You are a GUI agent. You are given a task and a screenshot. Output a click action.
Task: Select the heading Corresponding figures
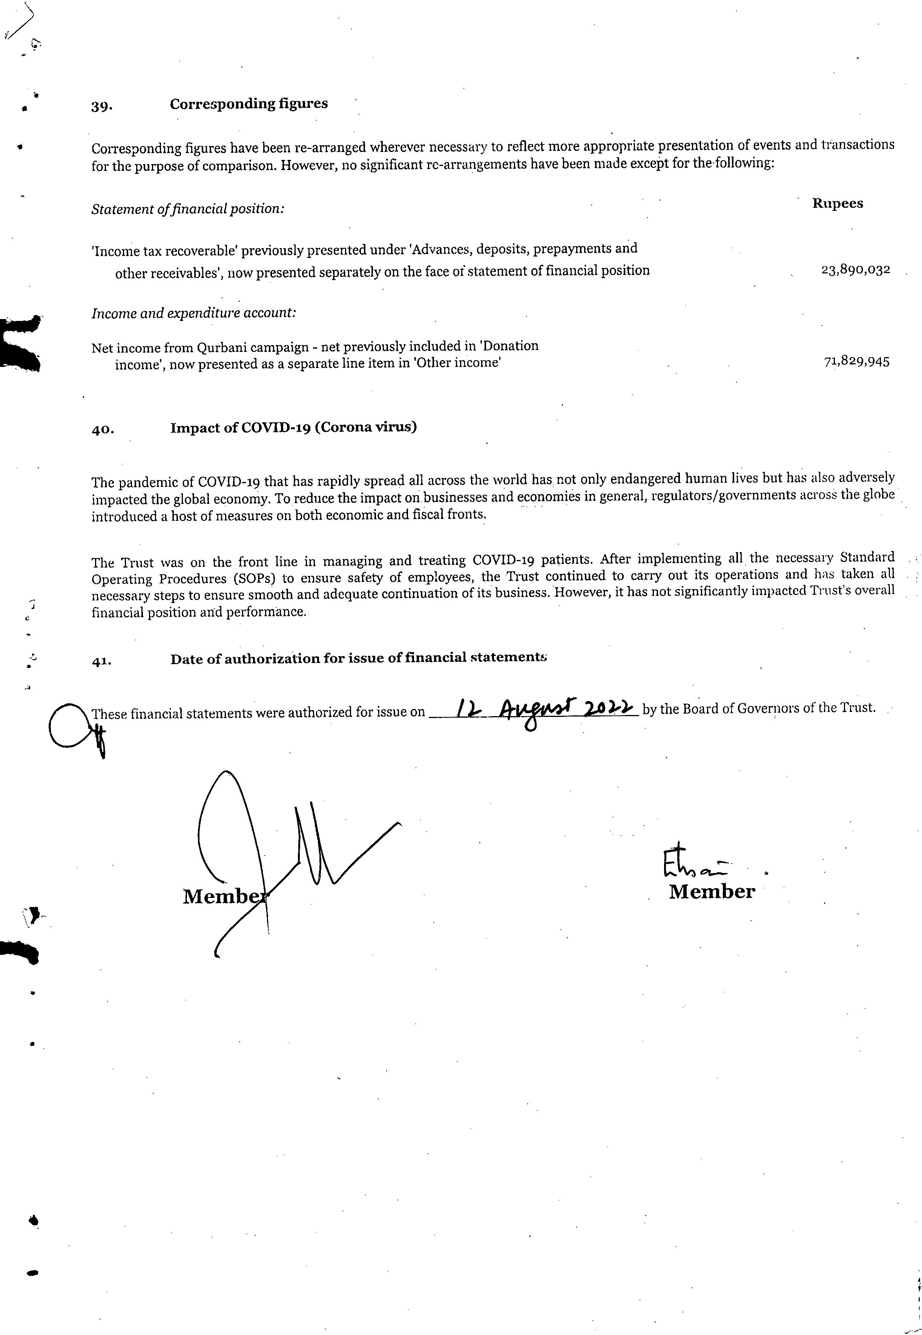pyautogui.click(x=249, y=104)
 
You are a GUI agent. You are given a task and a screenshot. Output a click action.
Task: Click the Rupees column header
pyautogui.click(x=837, y=203)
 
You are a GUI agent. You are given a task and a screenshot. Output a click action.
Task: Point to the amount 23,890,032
pyautogui.click(x=855, y=270)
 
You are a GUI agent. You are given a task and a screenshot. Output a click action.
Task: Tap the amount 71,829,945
pyautogui.click(x=856, y=362)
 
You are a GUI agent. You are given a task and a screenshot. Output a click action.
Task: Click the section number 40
pyautogui.click(x=102, y=430)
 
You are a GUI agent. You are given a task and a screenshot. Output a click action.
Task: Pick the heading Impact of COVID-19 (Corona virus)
pyautogui.click(x=293, y=428)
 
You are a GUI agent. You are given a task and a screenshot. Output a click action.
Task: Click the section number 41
pyautogui.click(x=102, y=662)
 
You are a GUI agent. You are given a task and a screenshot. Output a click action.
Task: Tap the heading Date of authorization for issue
pyautogui.click(x=358, y=658)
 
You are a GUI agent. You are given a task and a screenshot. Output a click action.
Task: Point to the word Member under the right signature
pyautogui.click(x=712, y=892)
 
